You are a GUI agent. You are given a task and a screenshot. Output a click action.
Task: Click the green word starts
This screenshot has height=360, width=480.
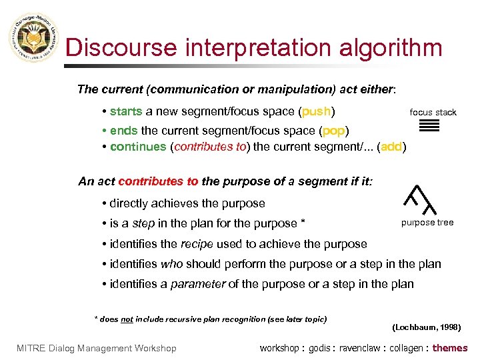click(x=126, y=111)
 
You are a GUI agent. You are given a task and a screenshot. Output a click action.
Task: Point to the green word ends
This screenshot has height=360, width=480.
click(x=124, y=130)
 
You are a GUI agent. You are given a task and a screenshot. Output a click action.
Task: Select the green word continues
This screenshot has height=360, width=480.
click(x=138, y=147)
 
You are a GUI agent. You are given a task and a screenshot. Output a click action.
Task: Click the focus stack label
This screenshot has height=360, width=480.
click(x=433, y=112)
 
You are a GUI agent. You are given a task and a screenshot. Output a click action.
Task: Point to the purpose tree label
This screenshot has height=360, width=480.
click(x=427, y=223)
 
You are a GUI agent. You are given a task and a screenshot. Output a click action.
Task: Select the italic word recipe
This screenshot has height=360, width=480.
click(x=197, y=244)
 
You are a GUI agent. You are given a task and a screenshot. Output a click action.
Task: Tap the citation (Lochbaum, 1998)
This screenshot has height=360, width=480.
click(x=427, y=327)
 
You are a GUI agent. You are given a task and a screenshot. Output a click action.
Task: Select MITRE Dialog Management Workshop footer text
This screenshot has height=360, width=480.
click(x=97, y=348)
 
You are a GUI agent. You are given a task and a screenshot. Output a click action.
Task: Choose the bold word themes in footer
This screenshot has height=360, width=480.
click(x=450, y=348)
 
